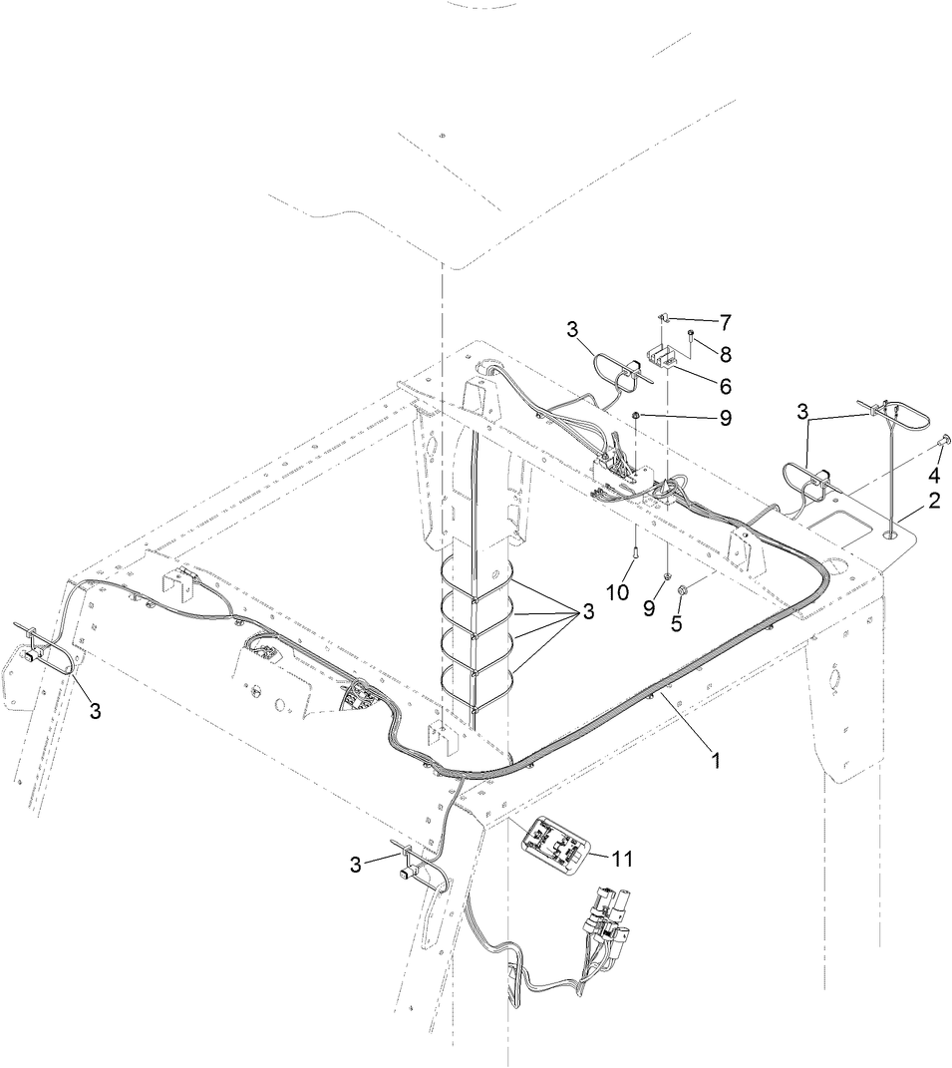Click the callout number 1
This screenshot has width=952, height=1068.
pos(715,759)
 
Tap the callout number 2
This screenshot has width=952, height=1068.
pos(934,502)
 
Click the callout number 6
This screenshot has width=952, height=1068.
pos(725,384)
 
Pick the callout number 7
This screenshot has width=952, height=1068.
pos(725,322)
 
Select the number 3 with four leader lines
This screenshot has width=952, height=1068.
pos(588,612)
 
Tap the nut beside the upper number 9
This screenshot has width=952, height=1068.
pos(636,415)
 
